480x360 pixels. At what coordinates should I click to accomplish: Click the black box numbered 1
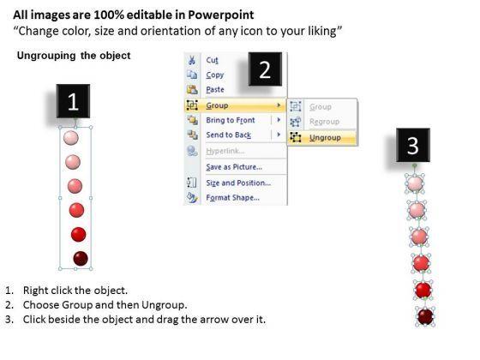coord(73,101)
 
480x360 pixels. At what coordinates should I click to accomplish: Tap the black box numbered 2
coord(265,69)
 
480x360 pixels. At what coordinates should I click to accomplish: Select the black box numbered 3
coord(413,145)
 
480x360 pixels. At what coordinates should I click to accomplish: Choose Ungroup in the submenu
coord(325,138)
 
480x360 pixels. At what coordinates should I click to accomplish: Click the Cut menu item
coord(213,60)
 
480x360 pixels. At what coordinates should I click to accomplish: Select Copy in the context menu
coord(215,75)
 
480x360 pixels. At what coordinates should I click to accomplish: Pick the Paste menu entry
coord(215,89)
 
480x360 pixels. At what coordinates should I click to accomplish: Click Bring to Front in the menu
coord(231,120)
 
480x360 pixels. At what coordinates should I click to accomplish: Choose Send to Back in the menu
coord(228,135)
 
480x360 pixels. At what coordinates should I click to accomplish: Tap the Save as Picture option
coord(234,167)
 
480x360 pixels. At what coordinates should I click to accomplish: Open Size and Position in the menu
coord(238,183)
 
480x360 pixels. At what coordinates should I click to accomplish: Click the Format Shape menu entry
coord(232,197)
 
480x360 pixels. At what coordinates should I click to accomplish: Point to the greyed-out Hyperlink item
coord(225,151)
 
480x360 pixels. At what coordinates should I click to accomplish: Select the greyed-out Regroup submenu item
coord(324,122)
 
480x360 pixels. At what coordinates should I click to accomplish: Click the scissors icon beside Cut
coord(192,60)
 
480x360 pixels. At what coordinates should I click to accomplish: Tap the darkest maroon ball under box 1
coord(81,258)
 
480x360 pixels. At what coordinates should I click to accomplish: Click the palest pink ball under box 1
coord(71,138)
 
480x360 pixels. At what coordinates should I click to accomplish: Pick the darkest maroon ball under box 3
coord(425,316)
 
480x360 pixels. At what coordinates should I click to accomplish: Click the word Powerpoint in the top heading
coord(221,15)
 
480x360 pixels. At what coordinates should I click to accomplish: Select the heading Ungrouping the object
coord(74,56)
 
